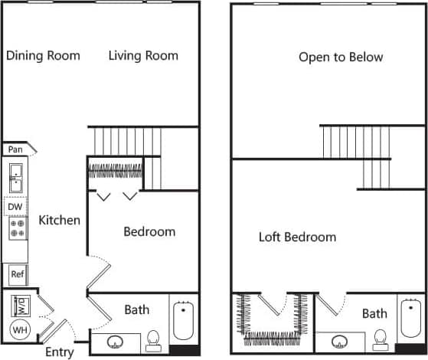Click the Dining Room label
[43, 55]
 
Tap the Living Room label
[143, 55]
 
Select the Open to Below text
[341, 57]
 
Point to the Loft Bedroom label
[297, 237]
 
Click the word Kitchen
[60, 221]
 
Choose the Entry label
[60, 352]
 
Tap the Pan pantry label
[15, 150]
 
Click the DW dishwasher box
[15, 206]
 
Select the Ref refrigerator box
[17, 273]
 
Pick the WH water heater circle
[18, 331]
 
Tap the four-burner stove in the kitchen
[17, 228]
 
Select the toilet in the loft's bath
[380, 339]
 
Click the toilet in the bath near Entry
[153, 339]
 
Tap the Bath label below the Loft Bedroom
[374, 313]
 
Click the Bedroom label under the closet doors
[149, 231]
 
